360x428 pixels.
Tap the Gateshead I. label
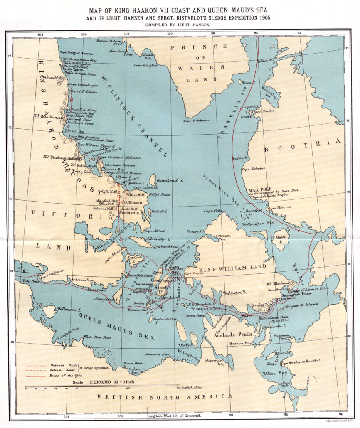click(169, 182)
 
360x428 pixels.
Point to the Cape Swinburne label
click(197, 121)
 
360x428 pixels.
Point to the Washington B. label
click(235, 293)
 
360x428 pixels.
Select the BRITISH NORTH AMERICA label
click(165, 396)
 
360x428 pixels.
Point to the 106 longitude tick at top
click(40, 34)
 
